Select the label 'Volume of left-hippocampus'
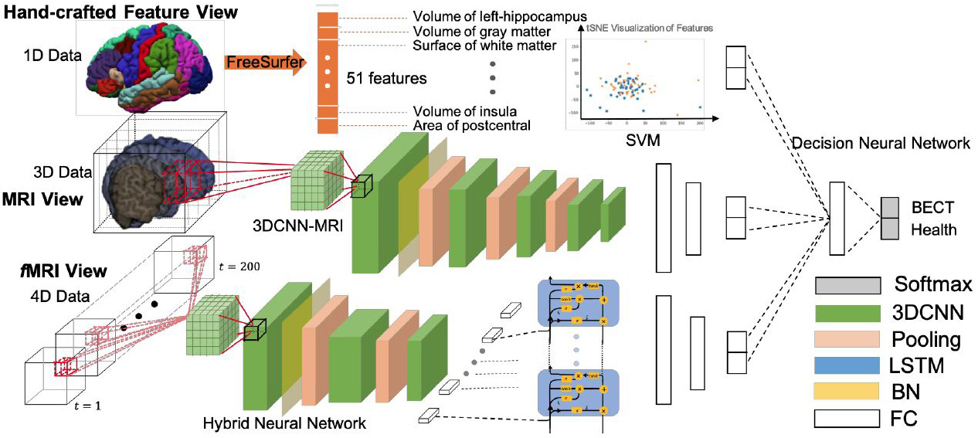click(488, 16)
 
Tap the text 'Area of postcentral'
click(471, 124)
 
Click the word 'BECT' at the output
click(932, 207)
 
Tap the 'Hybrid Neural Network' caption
click(284, 423)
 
